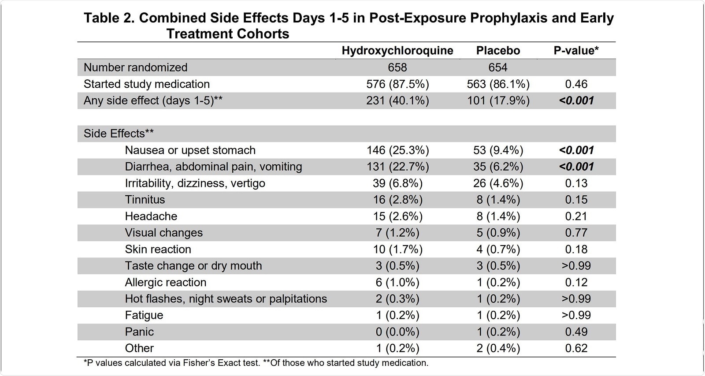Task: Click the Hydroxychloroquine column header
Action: [x=397, y=51]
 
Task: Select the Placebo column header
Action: [x=498, y=51]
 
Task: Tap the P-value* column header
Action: [x=576, y=51]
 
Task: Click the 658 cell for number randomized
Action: [x=397, y=67]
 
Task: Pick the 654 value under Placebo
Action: [x=498, y=67]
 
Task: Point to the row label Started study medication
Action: [x=146, y=84]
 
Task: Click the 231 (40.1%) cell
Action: [x=397, y=101]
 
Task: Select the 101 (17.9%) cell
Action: [x=498, y=101]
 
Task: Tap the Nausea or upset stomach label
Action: [x=190, y=150]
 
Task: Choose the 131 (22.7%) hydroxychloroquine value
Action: [x=397, y=167]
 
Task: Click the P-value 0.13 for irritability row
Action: [x=576, y=183]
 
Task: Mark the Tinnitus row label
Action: [x=145, y=200]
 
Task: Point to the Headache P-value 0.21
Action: [x=576, y=216]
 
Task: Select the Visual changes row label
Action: [x=163, y=233]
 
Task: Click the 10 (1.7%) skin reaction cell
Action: [x=397, y=249]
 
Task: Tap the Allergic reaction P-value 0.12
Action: [x=576, y=283]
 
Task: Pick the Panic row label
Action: [x=139, y=332]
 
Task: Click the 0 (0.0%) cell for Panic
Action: [x=397, y=332]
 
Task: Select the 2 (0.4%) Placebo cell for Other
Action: [x=498, y=348]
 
